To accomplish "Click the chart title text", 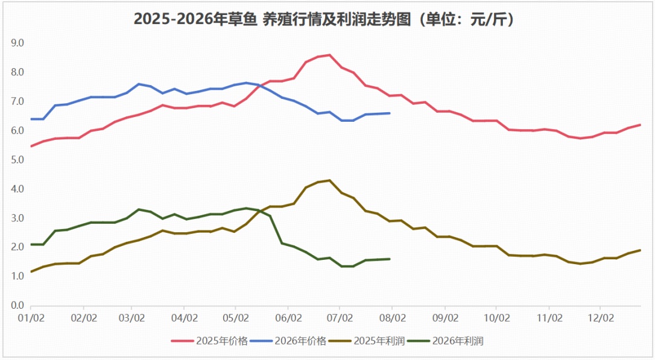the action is (324, 19).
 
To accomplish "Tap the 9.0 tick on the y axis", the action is (17, 43).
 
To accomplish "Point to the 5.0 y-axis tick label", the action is (17, 160).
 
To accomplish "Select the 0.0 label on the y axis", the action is (17, 305).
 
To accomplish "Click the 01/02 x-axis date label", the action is (31, 318).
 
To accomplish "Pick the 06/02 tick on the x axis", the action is (288, 318).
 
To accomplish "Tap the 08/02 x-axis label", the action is (393, 318).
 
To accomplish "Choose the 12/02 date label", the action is (601, 318).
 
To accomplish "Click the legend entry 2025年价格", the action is (209, 341).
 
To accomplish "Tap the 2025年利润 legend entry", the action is (367, 341).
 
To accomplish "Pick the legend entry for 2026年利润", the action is (445, 341).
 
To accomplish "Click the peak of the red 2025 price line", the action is (329, 55).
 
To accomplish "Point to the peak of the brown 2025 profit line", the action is (329, 180).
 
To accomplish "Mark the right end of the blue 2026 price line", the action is (390, 113).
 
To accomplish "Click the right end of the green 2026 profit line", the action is (390, 259).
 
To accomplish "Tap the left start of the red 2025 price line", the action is (31, 146).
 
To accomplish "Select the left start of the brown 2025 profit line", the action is (31, 271).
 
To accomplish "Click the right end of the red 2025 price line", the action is (641, 124).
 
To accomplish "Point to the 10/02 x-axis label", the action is (497, 318).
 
